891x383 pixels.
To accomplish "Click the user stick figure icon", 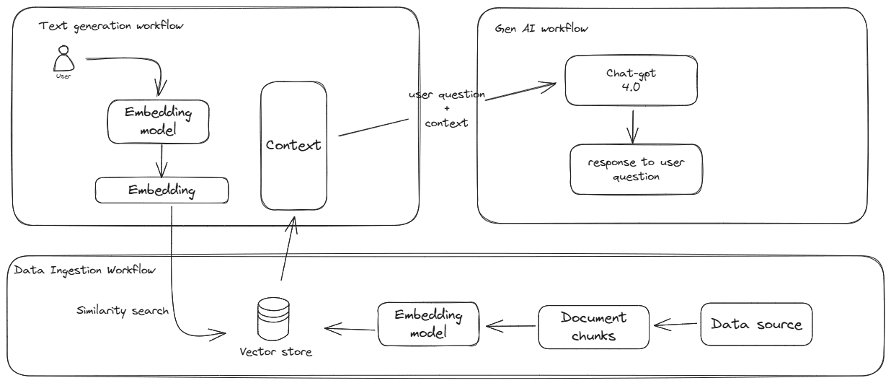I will tap(64, 58).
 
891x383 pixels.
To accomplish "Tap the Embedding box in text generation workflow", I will tap(162, 190).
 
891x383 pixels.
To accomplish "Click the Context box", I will tap(293, 145).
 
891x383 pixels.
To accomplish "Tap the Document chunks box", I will tap(593, 325).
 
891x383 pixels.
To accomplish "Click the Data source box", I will tap(756, 324).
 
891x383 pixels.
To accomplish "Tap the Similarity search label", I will tap(122, 311).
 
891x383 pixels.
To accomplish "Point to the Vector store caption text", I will tap(277, 351).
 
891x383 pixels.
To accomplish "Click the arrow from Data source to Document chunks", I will tap(675, 325).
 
